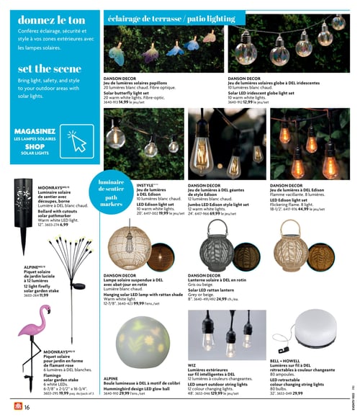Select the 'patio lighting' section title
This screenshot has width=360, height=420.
[x=213, y=17]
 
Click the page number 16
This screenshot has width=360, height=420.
[x=27, y=408]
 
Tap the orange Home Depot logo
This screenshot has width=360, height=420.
[x=12, y=408]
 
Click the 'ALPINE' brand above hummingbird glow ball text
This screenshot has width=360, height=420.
[x=110, y=378]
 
